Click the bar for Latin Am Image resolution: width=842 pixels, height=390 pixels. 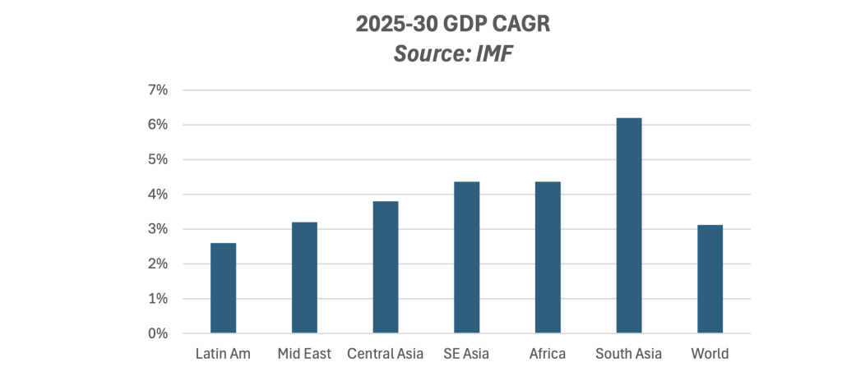point(223,288)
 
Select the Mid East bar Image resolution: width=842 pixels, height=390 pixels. point(304,278)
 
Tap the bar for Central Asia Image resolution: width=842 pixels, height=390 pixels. point(386,267)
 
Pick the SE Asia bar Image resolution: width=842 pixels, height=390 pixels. point(467,258)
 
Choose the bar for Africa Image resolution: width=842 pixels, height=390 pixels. point(548,258)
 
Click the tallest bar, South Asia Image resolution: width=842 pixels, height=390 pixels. point(629,225)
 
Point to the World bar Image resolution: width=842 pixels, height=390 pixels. point(710,279)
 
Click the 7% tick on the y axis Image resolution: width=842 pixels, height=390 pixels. point(157,90)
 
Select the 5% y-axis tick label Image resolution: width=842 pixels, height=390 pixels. point(157,160)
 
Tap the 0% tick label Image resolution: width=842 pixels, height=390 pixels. point(157,333)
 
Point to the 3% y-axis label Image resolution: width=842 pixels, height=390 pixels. point(157,229)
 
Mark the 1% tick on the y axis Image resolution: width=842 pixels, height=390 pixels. point(157,299)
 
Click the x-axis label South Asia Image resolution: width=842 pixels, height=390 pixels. point(628,354)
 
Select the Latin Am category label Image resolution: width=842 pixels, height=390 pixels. point(223,354)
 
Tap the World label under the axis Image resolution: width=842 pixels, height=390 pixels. point(710,354)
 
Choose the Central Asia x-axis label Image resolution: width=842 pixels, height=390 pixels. point(385,354)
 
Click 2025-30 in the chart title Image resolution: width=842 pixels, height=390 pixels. point(394,24)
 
